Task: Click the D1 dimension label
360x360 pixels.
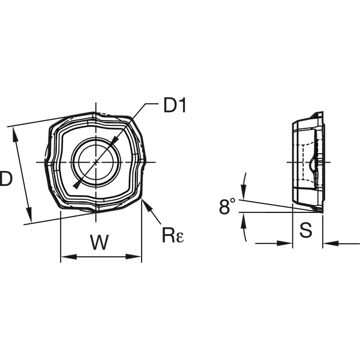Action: [175, 105]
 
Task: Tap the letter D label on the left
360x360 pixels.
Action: [6, 178]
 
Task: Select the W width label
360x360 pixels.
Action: [99, 242]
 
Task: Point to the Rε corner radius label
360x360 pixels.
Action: [173, 235]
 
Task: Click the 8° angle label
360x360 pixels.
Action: [227, 206]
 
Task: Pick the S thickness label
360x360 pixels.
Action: [306, 230]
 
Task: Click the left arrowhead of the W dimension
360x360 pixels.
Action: [68, 257]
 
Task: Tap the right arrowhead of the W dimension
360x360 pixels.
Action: [133, 256]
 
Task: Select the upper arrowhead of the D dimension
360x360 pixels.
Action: [16, 135]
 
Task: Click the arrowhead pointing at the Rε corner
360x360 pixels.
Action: [147, 206]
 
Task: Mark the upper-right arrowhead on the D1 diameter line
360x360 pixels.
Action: [115, 141]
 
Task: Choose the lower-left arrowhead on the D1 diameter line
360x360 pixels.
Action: [77, 184]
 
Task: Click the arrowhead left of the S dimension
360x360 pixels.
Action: [284, 243]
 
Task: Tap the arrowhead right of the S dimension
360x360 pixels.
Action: [331, 243]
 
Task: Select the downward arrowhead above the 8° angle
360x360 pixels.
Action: [244, 191]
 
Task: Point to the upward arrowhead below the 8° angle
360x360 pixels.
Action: [243, 220]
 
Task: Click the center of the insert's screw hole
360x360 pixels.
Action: [96, 162]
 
